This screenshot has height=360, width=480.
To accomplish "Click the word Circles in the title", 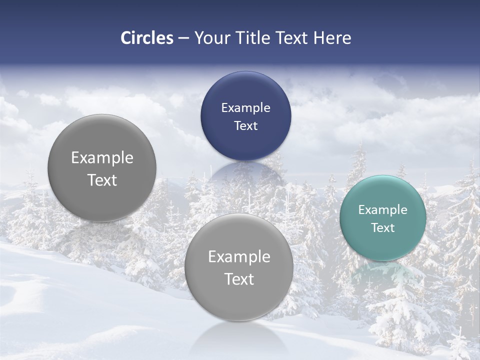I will tap(147, 38).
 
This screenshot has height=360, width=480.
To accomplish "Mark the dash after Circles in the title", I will tap(183, 38).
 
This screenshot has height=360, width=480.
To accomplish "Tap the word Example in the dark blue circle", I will tap(245, 108).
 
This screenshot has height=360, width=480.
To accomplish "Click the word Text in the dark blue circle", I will tap(245, 126).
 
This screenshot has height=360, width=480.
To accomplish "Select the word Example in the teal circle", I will tap(383, 210).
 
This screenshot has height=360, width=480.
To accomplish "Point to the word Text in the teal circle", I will tap(383, 228).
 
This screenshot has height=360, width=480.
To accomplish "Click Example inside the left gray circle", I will tap(102, 158).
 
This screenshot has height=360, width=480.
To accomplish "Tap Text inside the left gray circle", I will tap(102, 180).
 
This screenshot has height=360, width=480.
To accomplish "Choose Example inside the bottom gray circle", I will tap(239, 257).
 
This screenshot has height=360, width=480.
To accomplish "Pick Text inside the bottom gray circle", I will tap(239, 279).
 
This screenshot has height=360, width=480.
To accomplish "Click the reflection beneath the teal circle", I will tap(383, 275).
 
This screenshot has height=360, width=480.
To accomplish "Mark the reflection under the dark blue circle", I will tap(245, 175).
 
